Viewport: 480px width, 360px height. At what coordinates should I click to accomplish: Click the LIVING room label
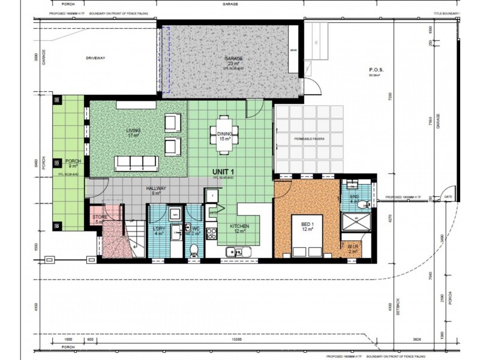pos(133,131)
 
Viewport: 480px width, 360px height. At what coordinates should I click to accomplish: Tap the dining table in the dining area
pos(224,130)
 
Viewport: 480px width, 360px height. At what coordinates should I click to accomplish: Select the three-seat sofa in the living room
pos(136,163)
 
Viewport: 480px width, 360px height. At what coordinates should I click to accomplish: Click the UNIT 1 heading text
pos(223,172)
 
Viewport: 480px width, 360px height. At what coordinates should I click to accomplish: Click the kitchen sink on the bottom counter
pos(232,252)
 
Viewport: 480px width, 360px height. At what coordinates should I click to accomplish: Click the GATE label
pos(447,196)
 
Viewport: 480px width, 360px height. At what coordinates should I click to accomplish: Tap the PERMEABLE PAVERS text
pos(310,139)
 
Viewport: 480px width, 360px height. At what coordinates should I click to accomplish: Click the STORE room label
pos(99,218)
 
